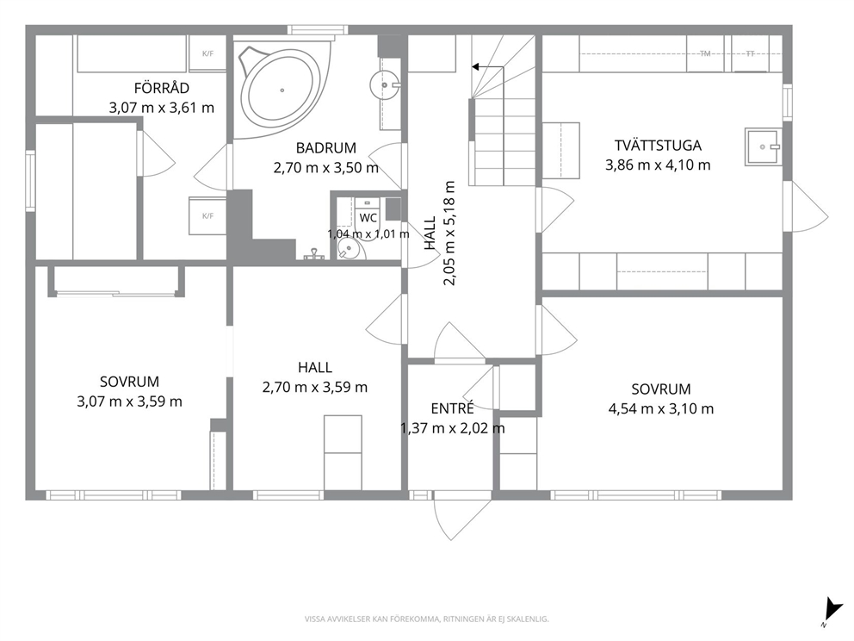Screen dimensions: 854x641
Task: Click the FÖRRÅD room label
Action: [162, 88]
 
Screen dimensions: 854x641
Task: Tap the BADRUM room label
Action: [325, 147]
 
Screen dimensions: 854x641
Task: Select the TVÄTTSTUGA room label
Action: [658, 146]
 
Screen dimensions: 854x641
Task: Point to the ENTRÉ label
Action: [452, 408]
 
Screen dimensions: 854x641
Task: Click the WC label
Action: [368, 218]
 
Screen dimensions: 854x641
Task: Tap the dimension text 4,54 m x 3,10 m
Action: [660, 408]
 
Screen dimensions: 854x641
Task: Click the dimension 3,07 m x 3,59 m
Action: [130, 401]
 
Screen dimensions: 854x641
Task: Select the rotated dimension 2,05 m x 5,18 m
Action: [449, 233]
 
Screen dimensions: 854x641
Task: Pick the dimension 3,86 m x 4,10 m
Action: [658, 165]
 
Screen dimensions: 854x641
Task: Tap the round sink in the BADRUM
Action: [385, 85]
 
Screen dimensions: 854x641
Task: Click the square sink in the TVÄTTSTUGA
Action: [763, 146]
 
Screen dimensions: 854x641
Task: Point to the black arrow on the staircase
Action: [487, 67]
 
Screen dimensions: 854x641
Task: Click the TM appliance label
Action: [705, 53]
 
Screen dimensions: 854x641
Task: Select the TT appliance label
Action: [750, 53]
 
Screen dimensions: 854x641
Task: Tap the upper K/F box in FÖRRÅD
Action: [207, 53]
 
